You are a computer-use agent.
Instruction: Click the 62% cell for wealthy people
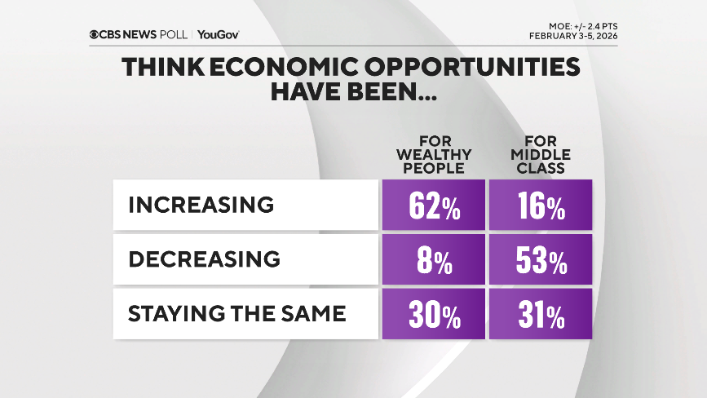433,205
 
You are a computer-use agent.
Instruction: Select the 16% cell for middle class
541,205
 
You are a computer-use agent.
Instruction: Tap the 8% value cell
433,259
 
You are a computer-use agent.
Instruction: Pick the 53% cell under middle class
541,259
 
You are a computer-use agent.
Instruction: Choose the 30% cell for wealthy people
433,312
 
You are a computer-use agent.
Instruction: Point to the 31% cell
541,312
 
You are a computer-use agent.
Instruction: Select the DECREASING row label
204,259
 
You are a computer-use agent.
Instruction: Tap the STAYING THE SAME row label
236,312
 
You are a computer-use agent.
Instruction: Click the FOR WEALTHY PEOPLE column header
433,155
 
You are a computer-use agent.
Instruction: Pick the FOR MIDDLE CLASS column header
541,155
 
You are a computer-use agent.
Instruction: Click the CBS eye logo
95,34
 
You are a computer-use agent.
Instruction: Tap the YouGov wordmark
218,34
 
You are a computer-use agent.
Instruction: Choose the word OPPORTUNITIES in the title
472,67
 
